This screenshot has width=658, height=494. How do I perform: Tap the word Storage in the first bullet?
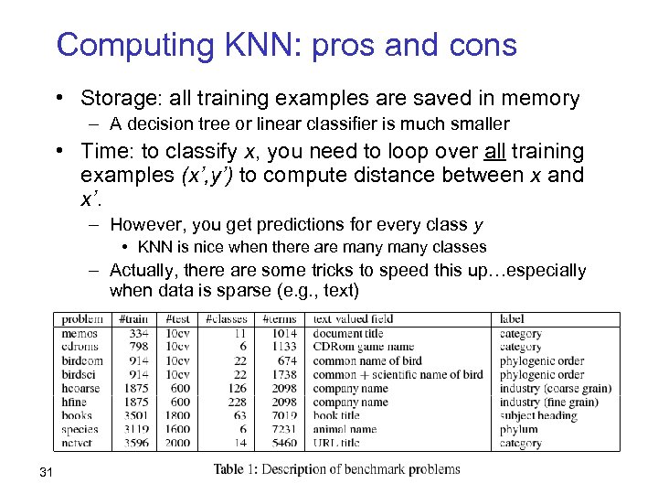click(114, 98)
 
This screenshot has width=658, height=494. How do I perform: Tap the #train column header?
click(134, 319)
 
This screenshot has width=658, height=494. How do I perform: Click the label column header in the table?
click(512, 319)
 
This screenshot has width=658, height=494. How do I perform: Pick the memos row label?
click(80, 334)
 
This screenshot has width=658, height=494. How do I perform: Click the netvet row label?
click(79, 443)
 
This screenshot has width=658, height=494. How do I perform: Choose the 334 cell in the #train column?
click(138, 334)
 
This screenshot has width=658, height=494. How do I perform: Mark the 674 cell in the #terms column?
click(286, 360)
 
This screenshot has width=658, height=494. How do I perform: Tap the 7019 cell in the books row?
click(283, 415)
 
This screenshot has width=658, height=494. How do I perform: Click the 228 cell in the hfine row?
click(236, 402)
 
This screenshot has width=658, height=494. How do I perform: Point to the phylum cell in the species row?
click(518, 429)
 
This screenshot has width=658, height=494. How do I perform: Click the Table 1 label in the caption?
click(239, 469)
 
